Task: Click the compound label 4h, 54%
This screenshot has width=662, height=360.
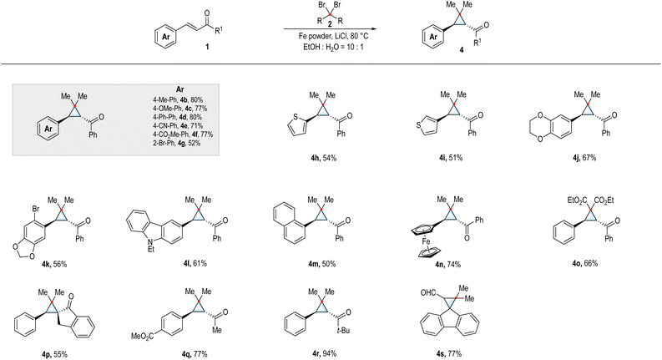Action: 322,158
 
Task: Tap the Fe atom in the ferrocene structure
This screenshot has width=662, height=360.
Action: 426,241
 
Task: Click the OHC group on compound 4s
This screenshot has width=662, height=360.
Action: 429,292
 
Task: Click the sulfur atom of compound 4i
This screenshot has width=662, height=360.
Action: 418,125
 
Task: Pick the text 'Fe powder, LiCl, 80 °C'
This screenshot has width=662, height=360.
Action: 330,38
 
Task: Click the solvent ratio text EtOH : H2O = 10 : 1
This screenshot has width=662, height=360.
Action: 330,47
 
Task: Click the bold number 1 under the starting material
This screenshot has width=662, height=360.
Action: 206,47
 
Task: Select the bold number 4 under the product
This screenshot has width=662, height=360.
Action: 461,50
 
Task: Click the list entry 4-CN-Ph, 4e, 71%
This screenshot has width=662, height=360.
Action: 178,125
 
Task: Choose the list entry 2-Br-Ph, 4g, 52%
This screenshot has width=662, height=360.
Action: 177,143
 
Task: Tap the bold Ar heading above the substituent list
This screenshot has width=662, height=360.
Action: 179,90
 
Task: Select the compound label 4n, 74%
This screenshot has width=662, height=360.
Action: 448,265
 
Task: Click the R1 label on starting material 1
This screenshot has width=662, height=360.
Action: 219,30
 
